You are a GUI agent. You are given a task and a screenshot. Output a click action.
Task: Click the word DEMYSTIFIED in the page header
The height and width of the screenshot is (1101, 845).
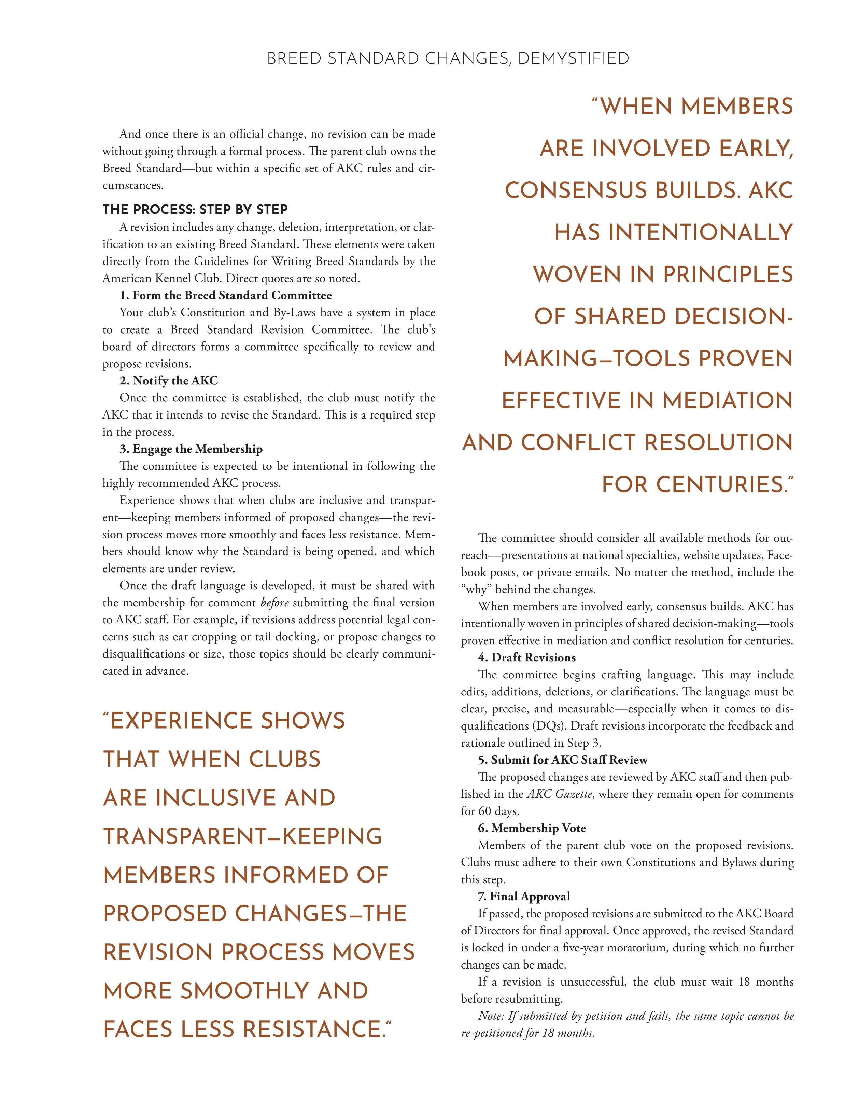573,59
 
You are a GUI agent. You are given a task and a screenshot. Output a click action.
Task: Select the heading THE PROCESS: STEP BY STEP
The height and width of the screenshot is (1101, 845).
195,209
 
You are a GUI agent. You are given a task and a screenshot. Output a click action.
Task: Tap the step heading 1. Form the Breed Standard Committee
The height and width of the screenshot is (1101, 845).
225,295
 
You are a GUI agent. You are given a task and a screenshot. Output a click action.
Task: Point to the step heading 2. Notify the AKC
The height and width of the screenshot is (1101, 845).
169,380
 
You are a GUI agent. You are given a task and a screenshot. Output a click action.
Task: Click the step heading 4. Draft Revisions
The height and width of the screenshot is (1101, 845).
526,658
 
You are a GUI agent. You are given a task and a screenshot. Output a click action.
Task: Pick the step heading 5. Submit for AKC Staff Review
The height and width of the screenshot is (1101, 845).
563,760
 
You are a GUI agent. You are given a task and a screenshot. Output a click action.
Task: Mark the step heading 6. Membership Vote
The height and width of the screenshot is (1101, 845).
532,828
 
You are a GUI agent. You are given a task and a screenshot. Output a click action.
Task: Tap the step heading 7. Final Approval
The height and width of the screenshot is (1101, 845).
524,896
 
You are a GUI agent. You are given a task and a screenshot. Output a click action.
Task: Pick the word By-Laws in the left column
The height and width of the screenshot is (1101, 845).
295,312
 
